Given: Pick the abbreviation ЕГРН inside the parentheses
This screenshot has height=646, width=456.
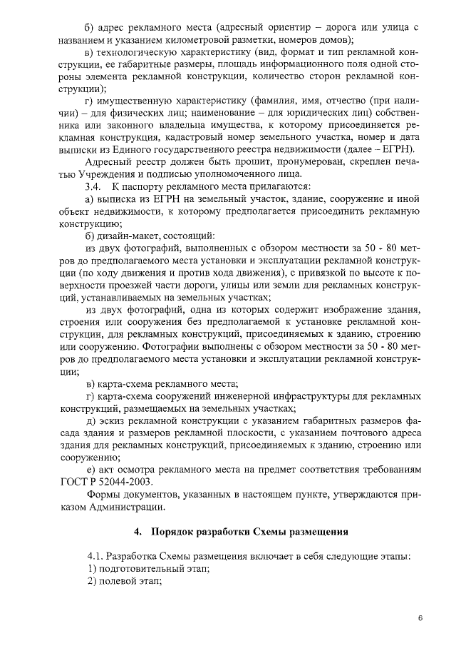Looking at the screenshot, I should point(398,148).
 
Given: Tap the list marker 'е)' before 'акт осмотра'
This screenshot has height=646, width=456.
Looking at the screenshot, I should point(90,469).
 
